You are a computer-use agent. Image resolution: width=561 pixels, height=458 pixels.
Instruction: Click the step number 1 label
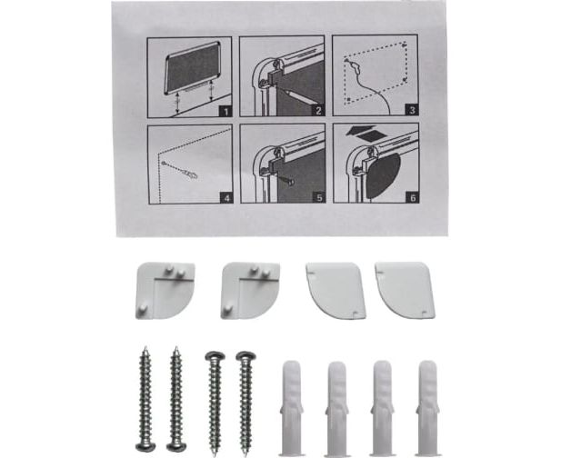(x=225, y=111)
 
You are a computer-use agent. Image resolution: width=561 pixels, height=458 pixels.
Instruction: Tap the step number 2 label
(x=318, y=111)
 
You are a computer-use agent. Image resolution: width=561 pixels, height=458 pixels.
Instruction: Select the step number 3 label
(x=412, y=110)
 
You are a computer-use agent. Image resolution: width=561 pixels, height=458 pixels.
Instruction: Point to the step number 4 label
(x=226, y=198)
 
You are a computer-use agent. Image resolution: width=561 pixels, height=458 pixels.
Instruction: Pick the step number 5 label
(x=319, y=197)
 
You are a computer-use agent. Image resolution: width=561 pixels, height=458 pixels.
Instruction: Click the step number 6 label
(x=413, y=197)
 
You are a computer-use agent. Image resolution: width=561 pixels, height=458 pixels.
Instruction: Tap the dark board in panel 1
(x=193, y=67)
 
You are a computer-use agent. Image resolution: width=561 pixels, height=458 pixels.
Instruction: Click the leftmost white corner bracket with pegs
(x=165, y=290)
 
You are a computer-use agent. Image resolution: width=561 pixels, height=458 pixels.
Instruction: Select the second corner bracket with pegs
(x=250, y=290)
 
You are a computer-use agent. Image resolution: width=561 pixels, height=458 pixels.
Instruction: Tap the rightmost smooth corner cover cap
(x=405, y=290)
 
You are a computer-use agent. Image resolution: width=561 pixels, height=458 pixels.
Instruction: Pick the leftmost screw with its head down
(x=145, y=399)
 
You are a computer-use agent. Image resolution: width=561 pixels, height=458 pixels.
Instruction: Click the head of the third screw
(x=215, y=356)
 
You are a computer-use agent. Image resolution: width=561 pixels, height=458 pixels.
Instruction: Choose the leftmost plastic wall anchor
(x=292, y=408)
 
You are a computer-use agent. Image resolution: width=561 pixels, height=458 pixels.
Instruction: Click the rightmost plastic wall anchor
(x=428, y=408)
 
